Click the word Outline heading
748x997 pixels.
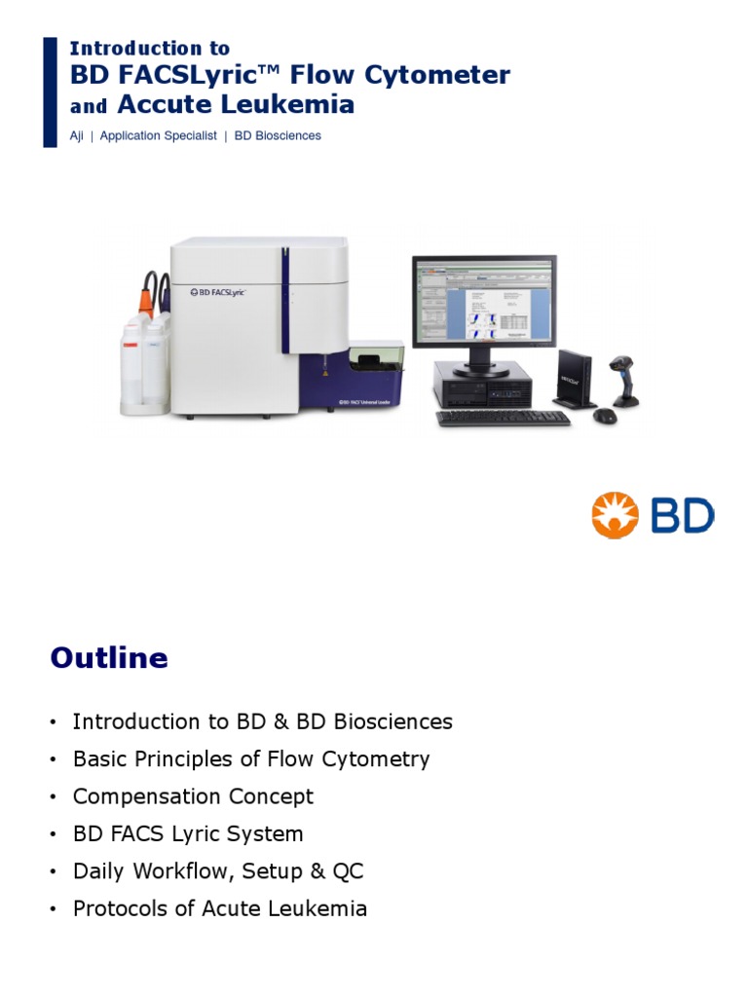pyautogui.click(x=109, y=659)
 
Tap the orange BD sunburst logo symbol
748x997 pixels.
pyautogui.click(x=615, y=515)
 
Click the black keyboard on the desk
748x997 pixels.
pyautogui.click(x=503, y=418)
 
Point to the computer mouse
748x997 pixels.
pyautogui.click(x=605, y=416)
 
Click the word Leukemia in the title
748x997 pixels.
pyautogui.click(x=289, y=104)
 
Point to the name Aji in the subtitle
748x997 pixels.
pyautogui.click(x=77, y=136)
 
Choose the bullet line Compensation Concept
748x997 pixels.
pyautogui.click(x=193, y=796)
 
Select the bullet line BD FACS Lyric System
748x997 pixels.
pyautogui.click(x=188, y=834)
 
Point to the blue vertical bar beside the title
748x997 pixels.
pyautogui.click(x=51, y=92)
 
